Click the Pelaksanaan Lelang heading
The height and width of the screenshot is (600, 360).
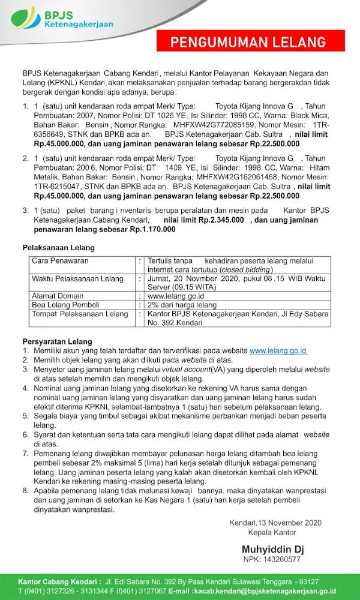(58, 248)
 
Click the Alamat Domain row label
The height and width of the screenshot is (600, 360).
(58, 296)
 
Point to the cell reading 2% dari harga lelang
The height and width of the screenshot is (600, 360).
(182, 305)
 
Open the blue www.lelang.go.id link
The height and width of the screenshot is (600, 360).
(278, 350)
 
